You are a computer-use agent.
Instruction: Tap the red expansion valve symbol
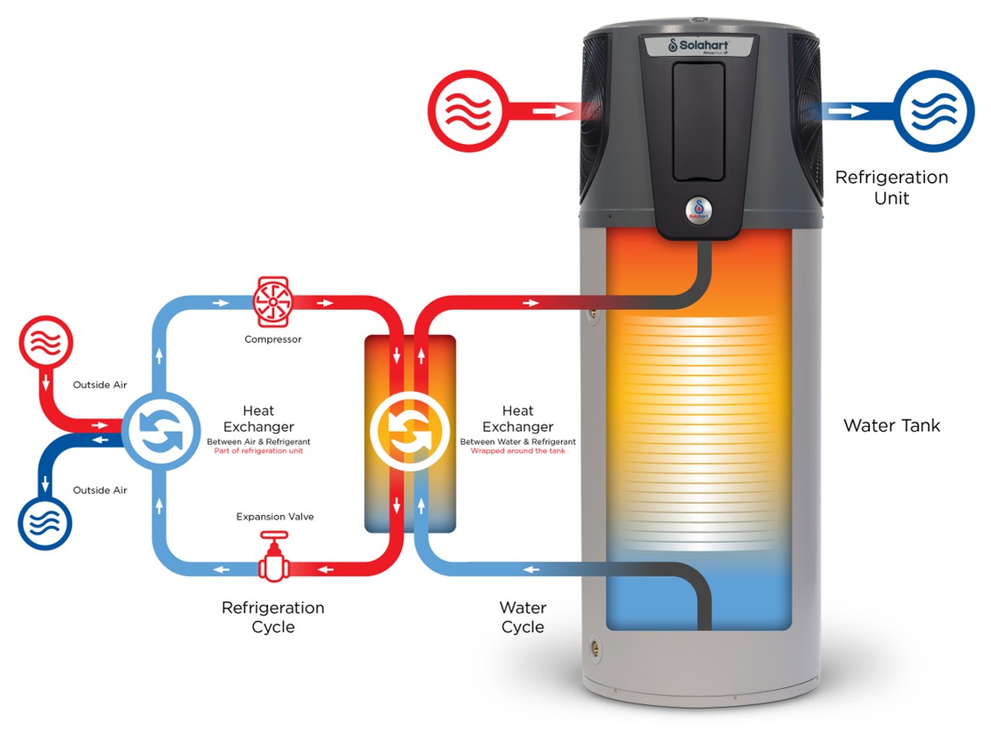[x=273, y=557]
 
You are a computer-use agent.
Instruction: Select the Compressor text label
[x=273, y=339]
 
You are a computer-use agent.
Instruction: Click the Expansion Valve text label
[x=275, y=517]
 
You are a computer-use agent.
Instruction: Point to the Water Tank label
[x=892, y=425]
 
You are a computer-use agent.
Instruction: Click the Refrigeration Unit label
[x=892, y=188]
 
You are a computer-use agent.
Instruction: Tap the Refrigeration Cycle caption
[x=273, y=617]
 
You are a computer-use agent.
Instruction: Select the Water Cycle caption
[x=523, y=617]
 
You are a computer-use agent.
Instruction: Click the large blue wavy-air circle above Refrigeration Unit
[x=933, y=111]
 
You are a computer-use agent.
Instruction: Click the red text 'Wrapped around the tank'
[x=518, y=451]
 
